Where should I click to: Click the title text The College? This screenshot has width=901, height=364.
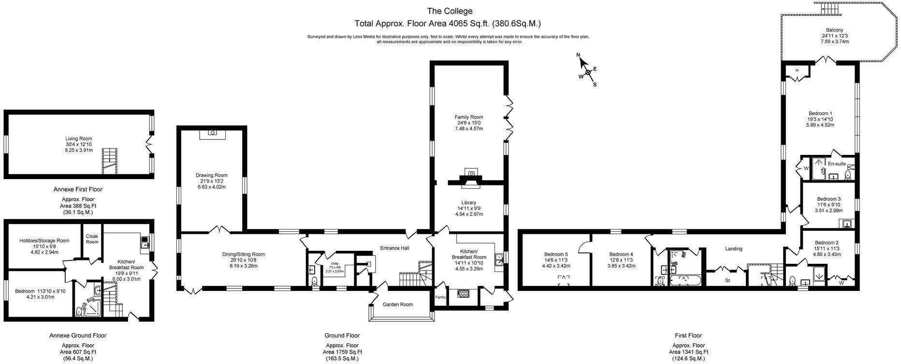(x=450, y=11)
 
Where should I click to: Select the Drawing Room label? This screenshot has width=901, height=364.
(x=211, y=175)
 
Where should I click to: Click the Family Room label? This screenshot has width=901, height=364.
(x=468, y=117)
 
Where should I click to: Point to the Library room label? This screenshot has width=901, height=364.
(x=468, y=203)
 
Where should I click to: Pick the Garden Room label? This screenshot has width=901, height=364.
(x=398, y=304)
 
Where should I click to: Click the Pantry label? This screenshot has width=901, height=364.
(x=440, y=297)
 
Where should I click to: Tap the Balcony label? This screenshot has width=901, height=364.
(x=834, y=30)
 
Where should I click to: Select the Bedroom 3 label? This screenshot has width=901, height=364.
(x=828, y=199)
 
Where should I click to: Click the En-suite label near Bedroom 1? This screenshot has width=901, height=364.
(x=837, y=164)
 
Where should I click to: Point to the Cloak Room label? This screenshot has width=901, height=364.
(x=92, y=239)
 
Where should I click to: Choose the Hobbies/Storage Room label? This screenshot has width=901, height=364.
(x=44, y=241)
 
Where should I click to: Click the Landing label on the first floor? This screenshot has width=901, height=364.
(x=733, y=249)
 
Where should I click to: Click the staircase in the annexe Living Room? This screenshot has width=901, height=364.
(x=110, y=161)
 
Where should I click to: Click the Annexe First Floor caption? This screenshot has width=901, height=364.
(x=78, y=189)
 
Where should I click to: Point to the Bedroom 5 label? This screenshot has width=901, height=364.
(x=556, y=254)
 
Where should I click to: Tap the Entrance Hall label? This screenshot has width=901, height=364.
(x=394, y=248)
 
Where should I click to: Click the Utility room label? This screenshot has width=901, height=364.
(x=334, y=264)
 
